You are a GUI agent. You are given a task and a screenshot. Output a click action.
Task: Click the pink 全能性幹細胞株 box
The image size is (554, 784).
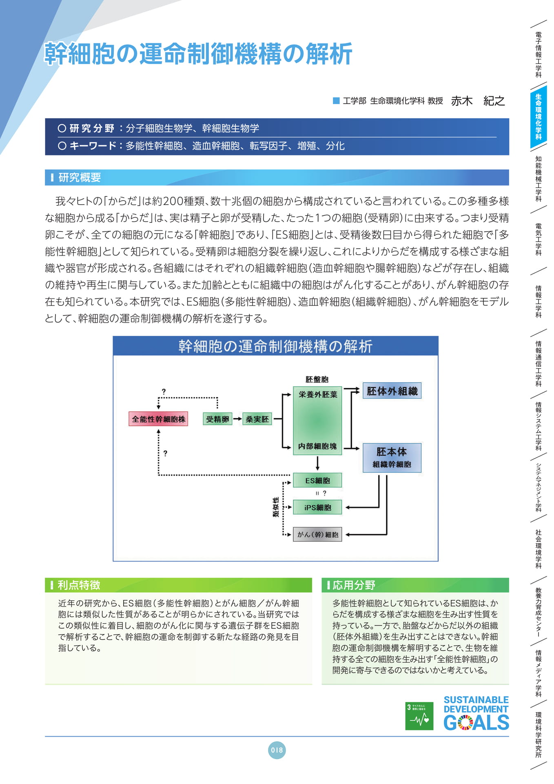(158, 419)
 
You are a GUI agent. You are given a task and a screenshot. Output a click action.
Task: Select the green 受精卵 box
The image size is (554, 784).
(217, 419)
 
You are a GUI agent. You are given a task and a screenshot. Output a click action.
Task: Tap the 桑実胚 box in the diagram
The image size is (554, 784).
(257, 419)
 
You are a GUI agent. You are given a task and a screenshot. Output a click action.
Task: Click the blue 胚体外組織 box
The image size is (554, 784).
(392, 391)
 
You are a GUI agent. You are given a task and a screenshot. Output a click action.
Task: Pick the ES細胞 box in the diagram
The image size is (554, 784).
(317, 481)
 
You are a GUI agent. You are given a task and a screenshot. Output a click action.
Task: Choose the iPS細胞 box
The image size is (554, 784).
(317, 508)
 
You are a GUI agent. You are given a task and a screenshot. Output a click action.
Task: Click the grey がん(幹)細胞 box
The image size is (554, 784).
(317, 535)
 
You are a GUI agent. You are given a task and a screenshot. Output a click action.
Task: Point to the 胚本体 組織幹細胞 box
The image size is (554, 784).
(392, 458)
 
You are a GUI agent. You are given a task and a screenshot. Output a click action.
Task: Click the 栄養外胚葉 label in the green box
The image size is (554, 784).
(318, 394)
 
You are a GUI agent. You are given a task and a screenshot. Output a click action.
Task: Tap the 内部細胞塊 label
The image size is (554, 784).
(317, 446)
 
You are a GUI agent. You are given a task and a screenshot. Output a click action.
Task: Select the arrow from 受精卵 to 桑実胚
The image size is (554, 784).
(237, 419)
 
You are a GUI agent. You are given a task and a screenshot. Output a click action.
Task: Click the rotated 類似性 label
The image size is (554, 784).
(276, 507)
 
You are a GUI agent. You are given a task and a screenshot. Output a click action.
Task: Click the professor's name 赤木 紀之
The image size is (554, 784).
(478, 101)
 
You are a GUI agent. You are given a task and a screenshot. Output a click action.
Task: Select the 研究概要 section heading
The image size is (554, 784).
(80, 177)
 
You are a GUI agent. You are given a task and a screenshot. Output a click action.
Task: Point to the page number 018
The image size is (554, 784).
(277, 750)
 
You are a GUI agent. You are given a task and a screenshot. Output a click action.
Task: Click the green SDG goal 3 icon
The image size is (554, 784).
(419, 716)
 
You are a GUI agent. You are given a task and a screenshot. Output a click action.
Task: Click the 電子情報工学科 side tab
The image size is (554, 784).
(538, 55)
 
